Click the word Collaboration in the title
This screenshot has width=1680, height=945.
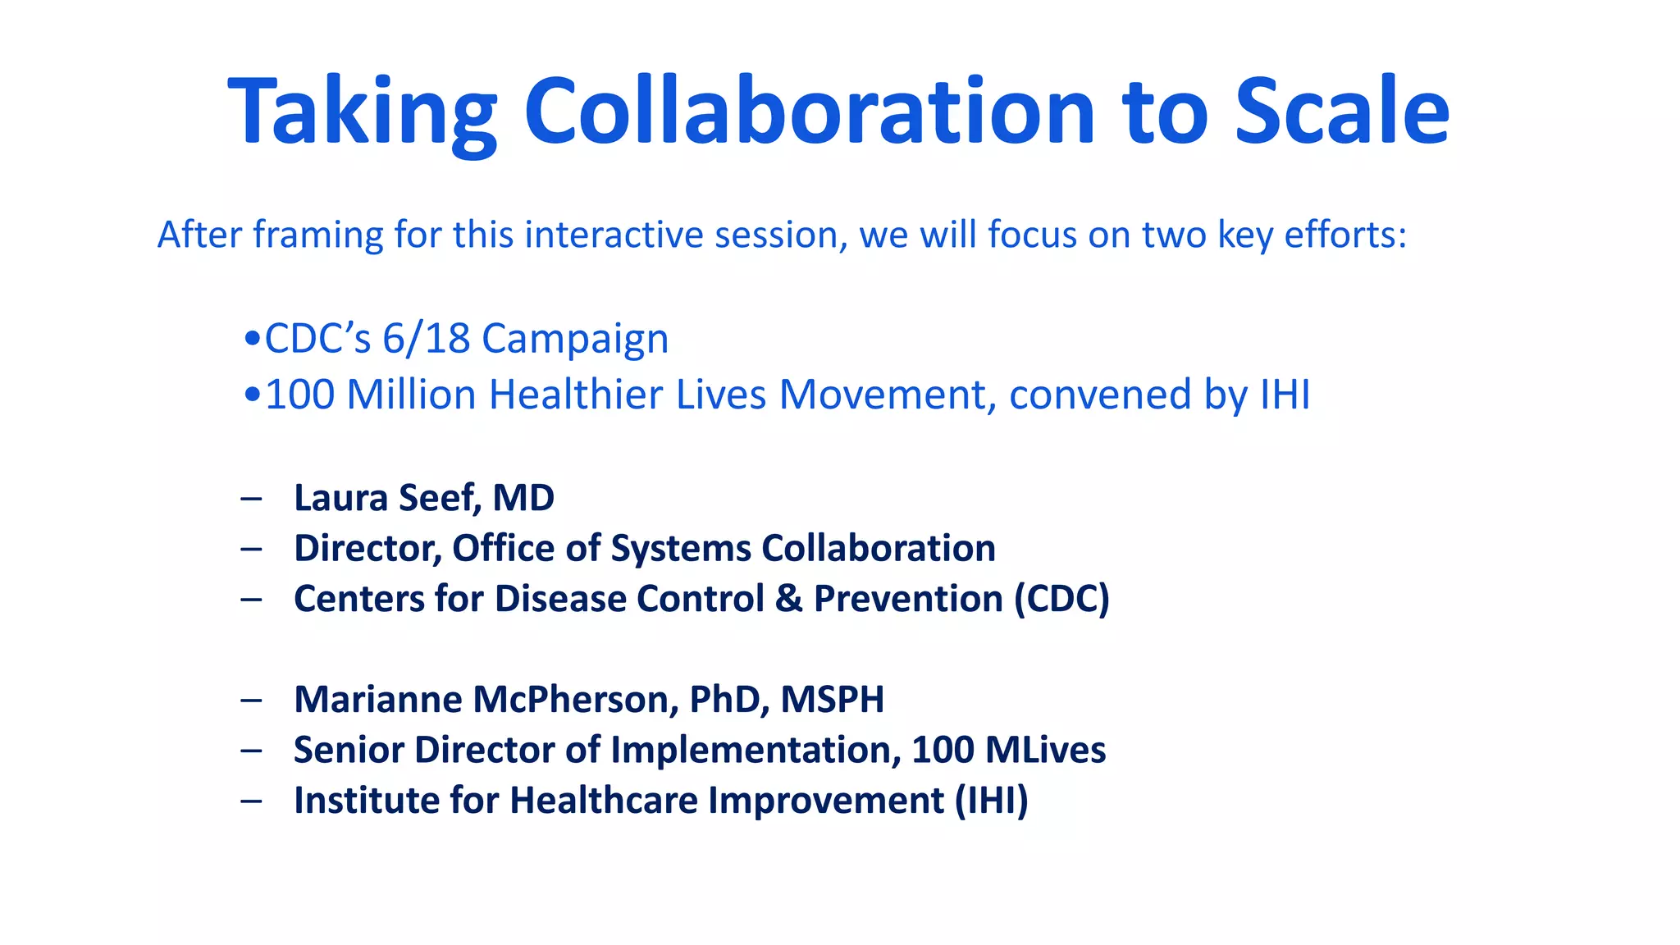[808, 111]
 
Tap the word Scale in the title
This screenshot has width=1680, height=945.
[1341, 111]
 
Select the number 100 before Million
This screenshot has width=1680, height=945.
[300, 395]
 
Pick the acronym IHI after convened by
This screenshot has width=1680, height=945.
[1285, 395]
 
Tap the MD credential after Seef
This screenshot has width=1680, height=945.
[523, 498]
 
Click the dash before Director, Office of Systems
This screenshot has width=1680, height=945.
[251, 548]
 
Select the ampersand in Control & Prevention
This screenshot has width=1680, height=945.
[788, 598]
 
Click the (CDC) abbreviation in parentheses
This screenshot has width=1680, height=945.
[1061, 599]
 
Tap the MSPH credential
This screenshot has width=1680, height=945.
[832, 700]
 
